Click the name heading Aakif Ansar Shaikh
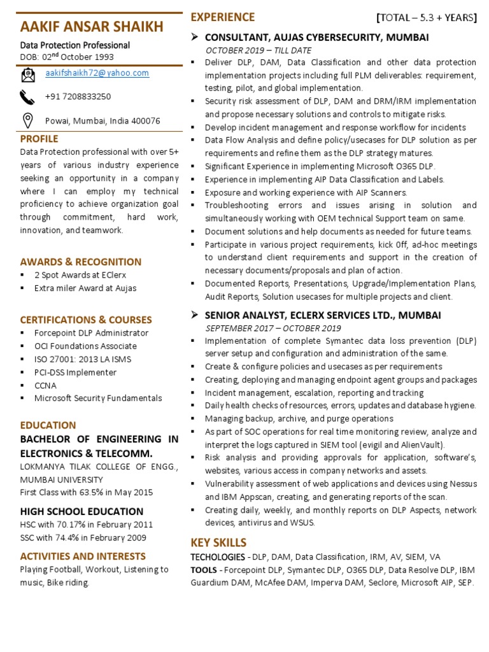pos(92,27)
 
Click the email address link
pos(97,73)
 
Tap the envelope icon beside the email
pos(28,76)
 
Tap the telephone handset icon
pos(28,97)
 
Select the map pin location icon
pos(28,120)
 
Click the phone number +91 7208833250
pos(78,97)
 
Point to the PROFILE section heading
pos(39,139)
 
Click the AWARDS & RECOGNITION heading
pos(81,262)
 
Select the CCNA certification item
pos(45,385)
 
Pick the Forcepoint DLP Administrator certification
pos(91,333)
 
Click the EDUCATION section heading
pos(48,425)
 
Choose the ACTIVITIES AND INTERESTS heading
pos(83,556)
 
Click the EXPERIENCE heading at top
pos(222,17)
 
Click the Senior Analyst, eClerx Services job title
pos(323,316)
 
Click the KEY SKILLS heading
pos(218,542)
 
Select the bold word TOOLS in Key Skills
pos(203,570)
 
